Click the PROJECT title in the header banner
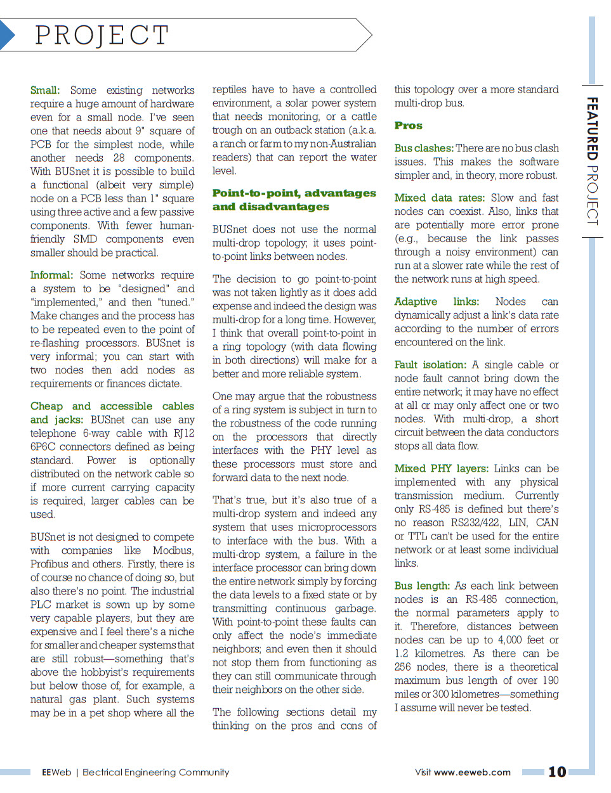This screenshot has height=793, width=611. (x=102, y=35)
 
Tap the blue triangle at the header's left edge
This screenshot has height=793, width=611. (x=6, y=35)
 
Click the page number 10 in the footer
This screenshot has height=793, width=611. (x=557, y=771)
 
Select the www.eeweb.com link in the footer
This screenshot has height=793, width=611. (x=472, y=772)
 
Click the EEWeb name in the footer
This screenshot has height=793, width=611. (x=56, y=772)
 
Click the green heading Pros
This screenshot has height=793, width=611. (x=408, y=126)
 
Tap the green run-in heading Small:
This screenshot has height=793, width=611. (x=44, y=90)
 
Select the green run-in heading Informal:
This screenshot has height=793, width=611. (x=51, y=275)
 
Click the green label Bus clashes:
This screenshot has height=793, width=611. (x=423, y=148)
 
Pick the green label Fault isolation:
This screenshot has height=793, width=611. (x=430, y=364)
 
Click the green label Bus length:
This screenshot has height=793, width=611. (x=422, y=586)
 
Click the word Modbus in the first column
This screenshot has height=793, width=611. (x=173, y=550)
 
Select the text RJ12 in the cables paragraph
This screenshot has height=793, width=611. (x=184, y=433)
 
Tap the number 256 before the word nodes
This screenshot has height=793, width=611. (x=402, y=667)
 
